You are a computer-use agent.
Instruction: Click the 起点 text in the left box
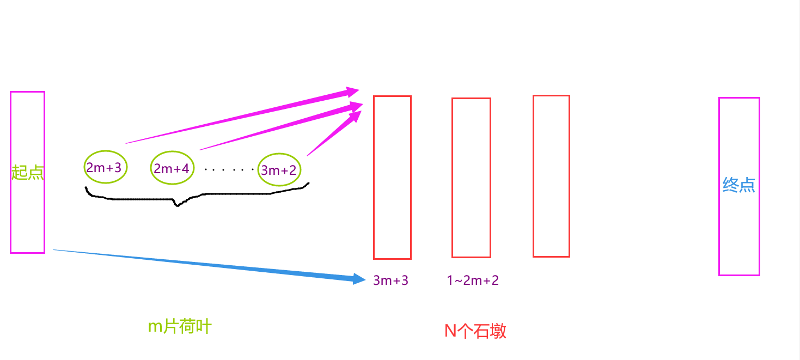pyautogui.click(x=27, y=173)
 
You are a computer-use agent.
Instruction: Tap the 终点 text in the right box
pyautogui.click(x=738, y=185)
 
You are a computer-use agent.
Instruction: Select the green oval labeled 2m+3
pyautogui.click(x=105, y=167)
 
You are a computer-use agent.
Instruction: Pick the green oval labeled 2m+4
pyautogui.click(x=172, y=168)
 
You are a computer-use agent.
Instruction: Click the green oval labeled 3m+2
pyautogui.click(x=279, y=170)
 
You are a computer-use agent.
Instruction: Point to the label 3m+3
pyautogui.click(x=390, y=280)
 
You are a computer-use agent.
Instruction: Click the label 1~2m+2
pyautogui.click(x=472, y=280)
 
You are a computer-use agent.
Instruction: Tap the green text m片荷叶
pyautogui.click(x=179, y=327)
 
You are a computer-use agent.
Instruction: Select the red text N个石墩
pyautogui.click(x=475, y=331)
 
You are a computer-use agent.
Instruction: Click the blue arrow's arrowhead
pyautogui.click(x=359, y=279)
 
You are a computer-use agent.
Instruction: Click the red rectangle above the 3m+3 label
pyautogui.click(x=392, y=177)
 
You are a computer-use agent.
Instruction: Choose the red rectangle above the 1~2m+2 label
pyautogui.click(x=471, y=177)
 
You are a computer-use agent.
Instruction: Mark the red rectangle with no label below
pyautogui.click(x=551, y=175)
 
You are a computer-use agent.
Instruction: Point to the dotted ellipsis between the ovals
pyautogui.click(x=229, y=169)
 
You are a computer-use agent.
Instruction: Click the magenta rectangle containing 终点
pyautogui.click(x=738, y=240)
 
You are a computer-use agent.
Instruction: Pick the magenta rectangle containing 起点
pyautogui.click(x=27, y=218)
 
